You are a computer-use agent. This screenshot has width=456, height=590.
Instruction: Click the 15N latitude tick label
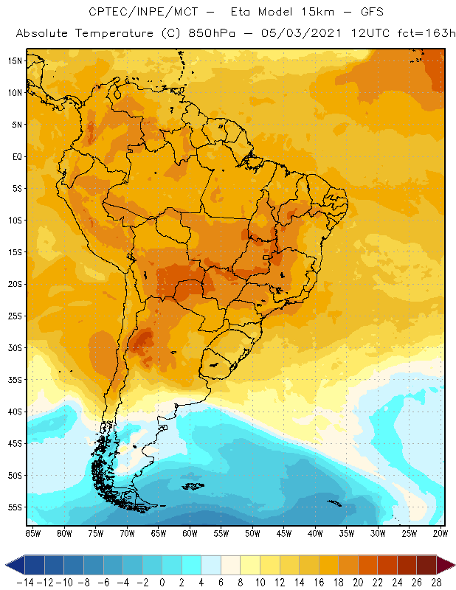pos(14,60)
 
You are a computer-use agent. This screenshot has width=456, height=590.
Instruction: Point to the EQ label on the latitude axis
pos(16,156)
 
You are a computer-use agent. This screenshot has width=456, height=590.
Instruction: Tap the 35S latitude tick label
pos(14,379)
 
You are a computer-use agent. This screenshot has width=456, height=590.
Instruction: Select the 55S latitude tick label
pos(14,507)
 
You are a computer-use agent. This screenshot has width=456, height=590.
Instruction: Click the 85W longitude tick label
pos(33,532)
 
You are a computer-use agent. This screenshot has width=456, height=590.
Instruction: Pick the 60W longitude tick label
pos(190,532)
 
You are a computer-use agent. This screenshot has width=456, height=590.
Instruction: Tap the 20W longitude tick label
pos(441,532)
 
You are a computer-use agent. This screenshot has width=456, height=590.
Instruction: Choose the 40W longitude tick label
pos(315,532)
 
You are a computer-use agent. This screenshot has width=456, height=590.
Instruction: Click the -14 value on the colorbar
pos(25,582)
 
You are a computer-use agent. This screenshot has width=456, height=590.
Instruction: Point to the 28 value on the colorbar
pos(436,582)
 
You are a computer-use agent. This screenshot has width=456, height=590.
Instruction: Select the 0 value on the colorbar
pos(162,582)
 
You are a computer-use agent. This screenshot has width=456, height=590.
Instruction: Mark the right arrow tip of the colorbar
pos(452,565)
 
